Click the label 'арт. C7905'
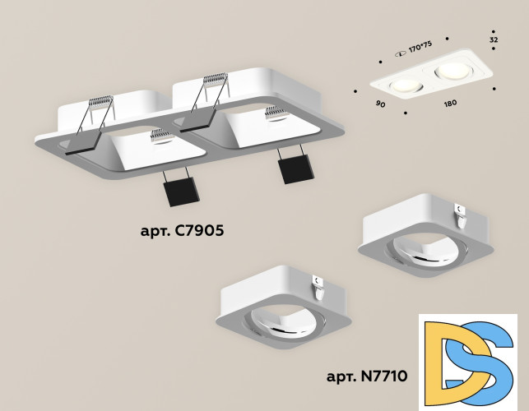pos(182,231)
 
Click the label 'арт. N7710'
pos(367,377)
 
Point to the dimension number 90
pos(379,105)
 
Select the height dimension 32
pos(494,39)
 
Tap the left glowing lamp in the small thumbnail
pos(403,85)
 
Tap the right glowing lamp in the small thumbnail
pos(451,70)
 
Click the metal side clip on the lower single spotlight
pos(320,284)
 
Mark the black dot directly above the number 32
pos(494,25)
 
